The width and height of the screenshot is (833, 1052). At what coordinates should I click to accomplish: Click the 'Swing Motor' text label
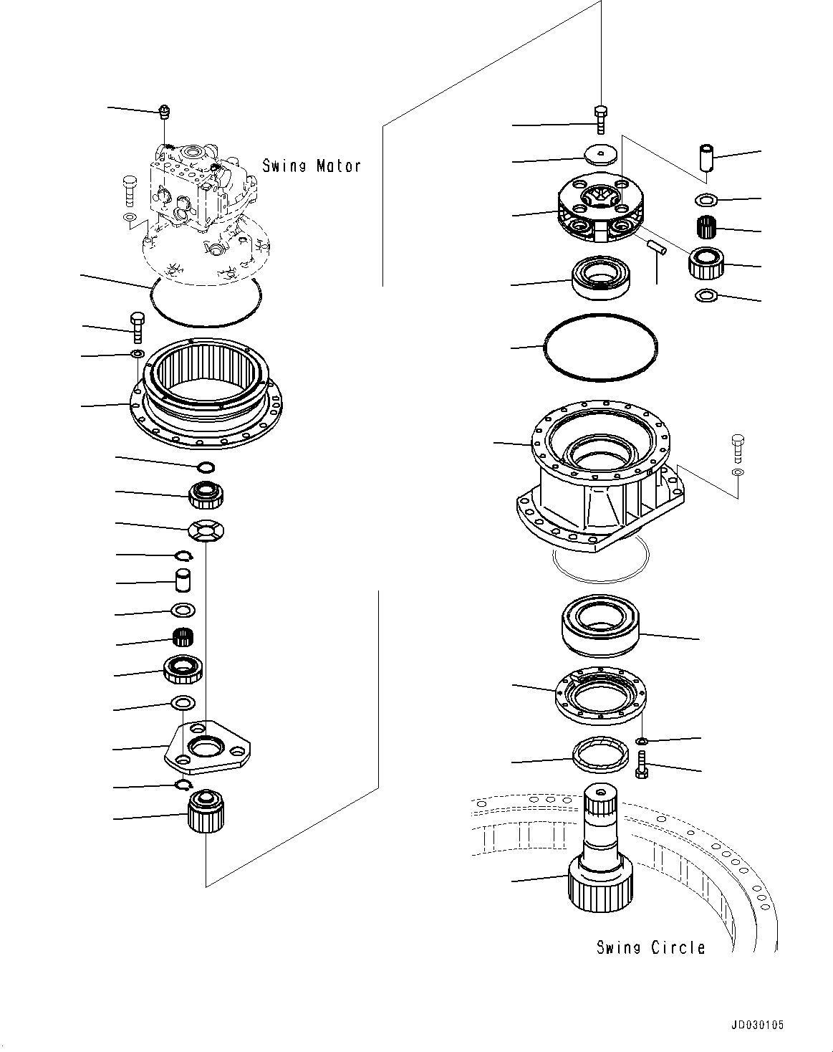point(311,166)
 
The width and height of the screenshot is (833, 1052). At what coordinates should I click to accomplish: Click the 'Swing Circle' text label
point(650,947)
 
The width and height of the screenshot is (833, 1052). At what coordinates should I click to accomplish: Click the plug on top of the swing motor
point(165,111)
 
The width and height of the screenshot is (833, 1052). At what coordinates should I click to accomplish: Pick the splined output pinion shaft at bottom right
point(600,853)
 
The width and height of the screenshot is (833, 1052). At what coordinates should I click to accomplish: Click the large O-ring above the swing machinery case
point(600,347)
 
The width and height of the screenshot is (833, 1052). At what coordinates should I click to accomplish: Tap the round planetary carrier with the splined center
point(599,208)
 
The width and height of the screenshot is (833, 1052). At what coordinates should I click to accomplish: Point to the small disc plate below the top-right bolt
point(600,154)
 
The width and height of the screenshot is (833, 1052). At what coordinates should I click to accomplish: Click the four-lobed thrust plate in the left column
point(206,531)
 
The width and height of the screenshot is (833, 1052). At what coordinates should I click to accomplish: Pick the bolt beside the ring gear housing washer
point(137,326)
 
